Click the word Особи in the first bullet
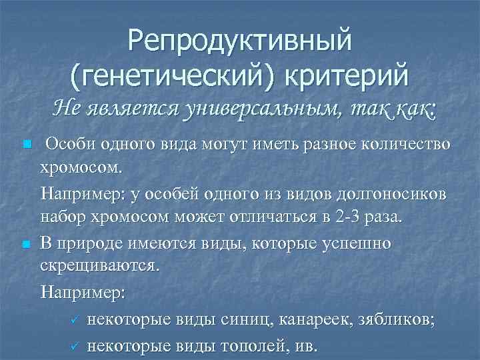coord(69,146)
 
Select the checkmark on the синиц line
coord(75,321)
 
